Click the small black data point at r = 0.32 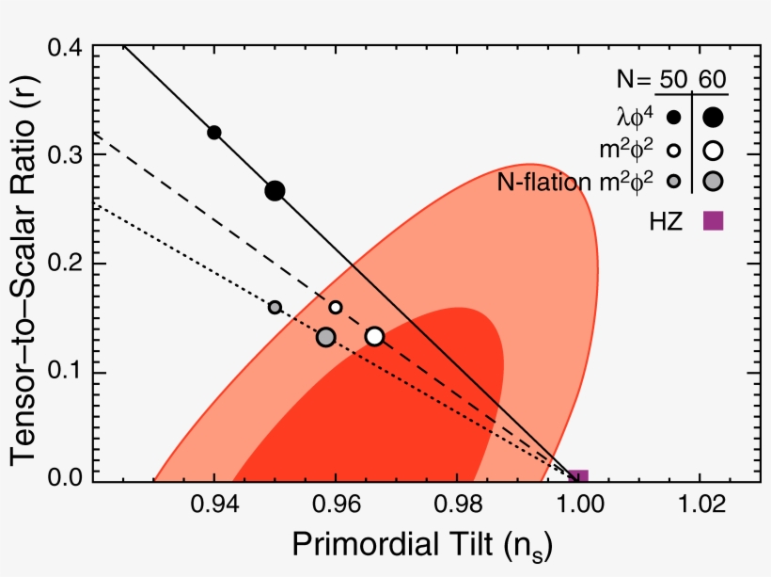click(x=214, y=133)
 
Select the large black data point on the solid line click(x=275, y=190)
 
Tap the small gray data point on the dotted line click(x=275, y=307)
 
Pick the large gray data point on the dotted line click(x=325, y=337)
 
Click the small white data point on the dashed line click(x=336, y=307)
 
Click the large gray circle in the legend click(x=713, y=181)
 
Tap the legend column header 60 click(x=713, y=78)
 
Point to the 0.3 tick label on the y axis click(x=64, y=154)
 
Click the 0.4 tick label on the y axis click(x=64, y=46)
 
